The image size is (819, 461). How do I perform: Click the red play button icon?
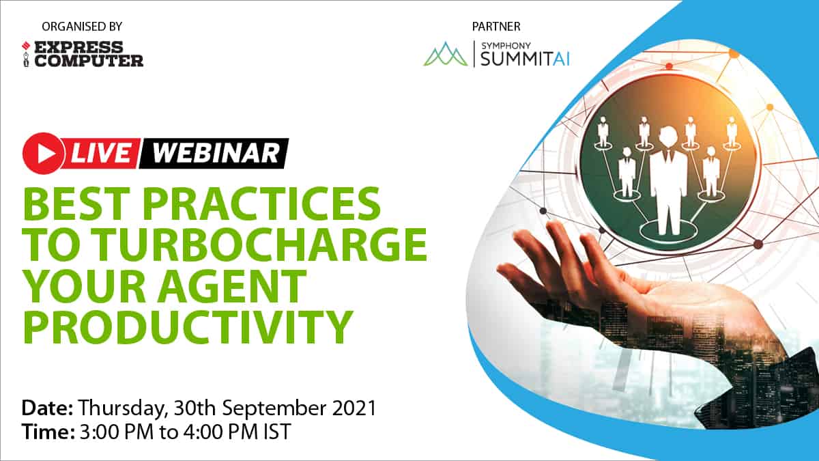click(44, 153)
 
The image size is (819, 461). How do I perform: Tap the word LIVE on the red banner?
click(101, 153)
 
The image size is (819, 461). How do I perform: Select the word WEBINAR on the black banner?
click(216, 153)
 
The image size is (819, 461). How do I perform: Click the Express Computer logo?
click(83, 54)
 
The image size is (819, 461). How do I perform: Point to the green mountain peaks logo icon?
click(445, 54)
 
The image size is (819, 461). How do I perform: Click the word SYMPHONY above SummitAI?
click(506, 46)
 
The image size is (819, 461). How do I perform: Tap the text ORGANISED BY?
click(82, 27)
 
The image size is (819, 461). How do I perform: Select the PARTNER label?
click(496, 27)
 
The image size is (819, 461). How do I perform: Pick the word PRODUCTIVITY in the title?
click(188, 326)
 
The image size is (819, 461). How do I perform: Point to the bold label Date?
click(48, 408)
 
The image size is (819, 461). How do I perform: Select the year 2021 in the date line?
click(354, 408)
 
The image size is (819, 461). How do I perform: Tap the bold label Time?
click(48, 432)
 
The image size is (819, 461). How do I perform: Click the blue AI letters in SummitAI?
click(561, 59)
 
